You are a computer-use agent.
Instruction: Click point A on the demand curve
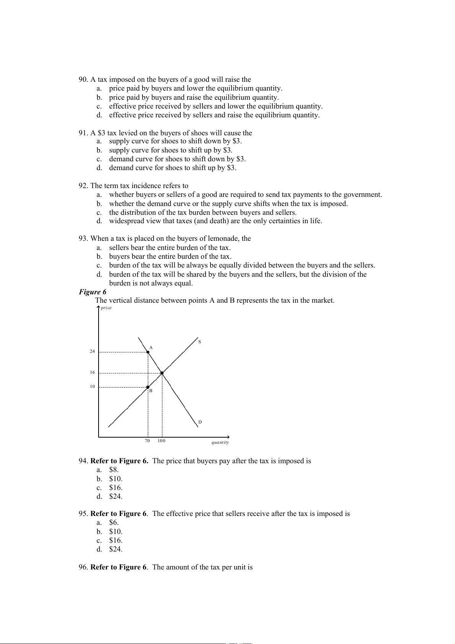click(148, 352)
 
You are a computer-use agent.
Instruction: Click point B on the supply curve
click(148, 387)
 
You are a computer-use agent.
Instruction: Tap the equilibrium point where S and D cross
click(162, 373)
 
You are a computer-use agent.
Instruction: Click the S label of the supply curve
click(200, 342)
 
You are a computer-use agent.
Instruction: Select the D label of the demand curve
click(200, 422)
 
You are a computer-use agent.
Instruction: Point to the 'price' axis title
click(106, 308)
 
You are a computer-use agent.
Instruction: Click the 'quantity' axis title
click(220, 442)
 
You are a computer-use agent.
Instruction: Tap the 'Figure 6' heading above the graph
click(92, 292)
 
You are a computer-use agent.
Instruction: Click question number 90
click(83, 79)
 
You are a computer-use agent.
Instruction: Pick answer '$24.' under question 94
click(115, 496)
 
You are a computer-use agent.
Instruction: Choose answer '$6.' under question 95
click(113, 522)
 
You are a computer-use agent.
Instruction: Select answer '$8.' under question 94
click(113, 470)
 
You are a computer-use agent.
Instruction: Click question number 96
click(83, 567)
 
